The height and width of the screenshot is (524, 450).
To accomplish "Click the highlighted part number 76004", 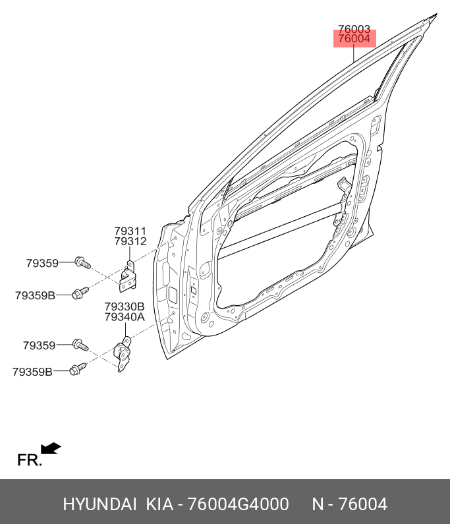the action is click(x=354, y=39).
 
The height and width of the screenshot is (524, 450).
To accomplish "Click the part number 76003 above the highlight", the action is click(x=354, y=29).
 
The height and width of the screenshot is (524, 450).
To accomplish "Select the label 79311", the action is click(x=130, y=231).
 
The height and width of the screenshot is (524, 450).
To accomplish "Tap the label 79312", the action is click(x=130, y=241).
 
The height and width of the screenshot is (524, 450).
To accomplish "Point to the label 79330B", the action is click(x=125, y=306).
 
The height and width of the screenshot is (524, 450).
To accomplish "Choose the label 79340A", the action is click(x=125, y=316).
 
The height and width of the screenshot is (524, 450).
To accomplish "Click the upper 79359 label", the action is click(x=42, y=264).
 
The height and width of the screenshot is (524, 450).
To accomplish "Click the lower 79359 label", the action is click(x=39, y=345).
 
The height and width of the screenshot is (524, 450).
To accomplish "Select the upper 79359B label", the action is click(x=35, y=295).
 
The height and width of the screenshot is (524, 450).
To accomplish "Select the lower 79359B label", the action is click(x=33, y=372).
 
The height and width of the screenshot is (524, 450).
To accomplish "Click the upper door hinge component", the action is click(x=128, y=276).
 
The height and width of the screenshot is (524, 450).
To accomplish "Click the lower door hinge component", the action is click(x=123, y=354).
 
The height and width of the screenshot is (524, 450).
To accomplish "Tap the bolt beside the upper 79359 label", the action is click(x=82, y=262).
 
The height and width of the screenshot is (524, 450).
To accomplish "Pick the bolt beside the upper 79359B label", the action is click(x=80, y=293).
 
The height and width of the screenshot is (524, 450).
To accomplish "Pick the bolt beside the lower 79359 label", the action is click(x=80, y=345).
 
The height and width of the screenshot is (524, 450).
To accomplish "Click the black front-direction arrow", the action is click(x=51, y=448).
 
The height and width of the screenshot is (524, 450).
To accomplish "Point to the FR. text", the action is click(x=30, y=460).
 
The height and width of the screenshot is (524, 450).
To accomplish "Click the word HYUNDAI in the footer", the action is click(x=99, y=504).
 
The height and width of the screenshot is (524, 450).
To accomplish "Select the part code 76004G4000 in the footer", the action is click(x=239, y=504).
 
